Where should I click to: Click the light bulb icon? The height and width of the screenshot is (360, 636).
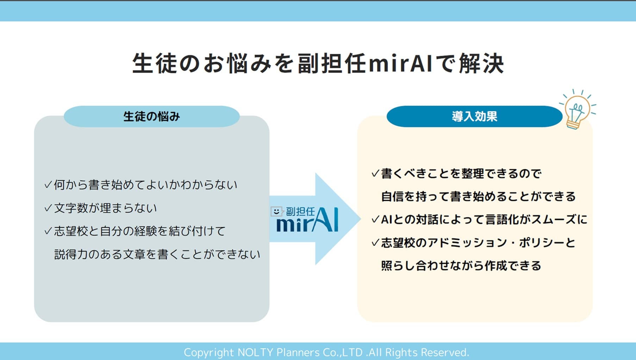[x=576, y=110]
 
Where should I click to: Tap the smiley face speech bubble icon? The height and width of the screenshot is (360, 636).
[x=276, y=211]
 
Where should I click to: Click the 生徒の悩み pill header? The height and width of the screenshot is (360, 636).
[x=151, y=116]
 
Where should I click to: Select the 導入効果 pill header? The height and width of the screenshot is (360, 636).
[x=474, y=116]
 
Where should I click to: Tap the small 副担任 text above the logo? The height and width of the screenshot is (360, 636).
[x=300, y=211]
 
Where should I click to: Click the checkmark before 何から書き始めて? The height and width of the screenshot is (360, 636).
[x=48, y=185]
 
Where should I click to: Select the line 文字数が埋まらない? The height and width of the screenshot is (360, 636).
[x=105, y=208]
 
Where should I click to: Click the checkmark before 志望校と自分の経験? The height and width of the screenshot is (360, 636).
[x=48, y=231]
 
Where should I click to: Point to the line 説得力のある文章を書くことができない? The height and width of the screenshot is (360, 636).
[x=157, y=254]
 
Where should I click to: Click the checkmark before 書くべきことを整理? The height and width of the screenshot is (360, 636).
[x=375, y=173]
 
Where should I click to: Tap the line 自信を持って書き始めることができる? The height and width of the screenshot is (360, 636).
[x=478, y=196]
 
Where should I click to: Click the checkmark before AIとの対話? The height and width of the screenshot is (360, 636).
[x=375, y=220]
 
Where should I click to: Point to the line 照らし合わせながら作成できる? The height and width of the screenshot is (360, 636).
[x=461, y=265]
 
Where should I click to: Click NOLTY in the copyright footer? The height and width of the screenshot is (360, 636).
[x=256, y=352]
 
